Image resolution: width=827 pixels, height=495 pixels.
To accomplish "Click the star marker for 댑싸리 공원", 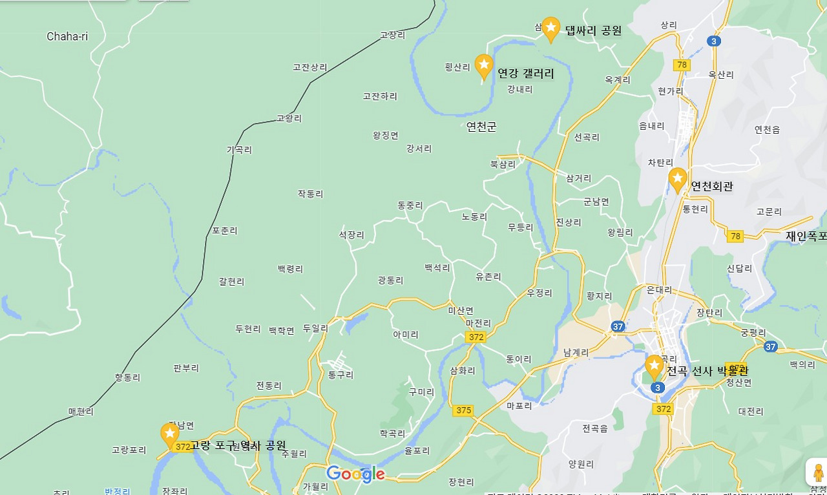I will [550, 28].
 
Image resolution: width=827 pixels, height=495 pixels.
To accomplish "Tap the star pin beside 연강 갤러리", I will [484, 65].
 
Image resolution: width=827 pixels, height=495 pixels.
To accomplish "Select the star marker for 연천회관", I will [677, 179].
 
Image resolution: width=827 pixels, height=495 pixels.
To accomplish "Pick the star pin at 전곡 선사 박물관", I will [654, 366].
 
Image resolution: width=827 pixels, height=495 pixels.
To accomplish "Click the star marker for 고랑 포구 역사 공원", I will [170, 434].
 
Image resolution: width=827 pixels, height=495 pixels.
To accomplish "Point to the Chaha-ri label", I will [67, 37].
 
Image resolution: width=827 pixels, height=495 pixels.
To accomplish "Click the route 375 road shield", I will [463, 410].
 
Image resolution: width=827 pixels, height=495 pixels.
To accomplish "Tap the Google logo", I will [355, 474].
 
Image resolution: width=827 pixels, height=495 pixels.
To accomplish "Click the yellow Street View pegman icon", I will [818, 472].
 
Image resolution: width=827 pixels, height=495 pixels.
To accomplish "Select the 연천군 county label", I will [481, 127].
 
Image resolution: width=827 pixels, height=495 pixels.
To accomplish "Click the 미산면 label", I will [461, 310].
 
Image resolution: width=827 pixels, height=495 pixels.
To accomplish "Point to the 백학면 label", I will [282, 330].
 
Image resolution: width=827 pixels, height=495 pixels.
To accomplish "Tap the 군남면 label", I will [596, 201].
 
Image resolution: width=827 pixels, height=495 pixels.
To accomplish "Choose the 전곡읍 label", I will [594, 428].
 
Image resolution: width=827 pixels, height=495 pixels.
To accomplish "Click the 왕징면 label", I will [386, 135].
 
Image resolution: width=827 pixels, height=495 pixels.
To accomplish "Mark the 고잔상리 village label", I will [310, 67].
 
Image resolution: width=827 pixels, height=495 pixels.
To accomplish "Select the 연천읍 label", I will [767, 129].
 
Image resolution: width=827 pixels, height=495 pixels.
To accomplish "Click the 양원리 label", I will [581, 463].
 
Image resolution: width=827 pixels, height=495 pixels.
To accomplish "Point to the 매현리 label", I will [81, 411].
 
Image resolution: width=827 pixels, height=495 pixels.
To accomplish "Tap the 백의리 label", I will [802, 364].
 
